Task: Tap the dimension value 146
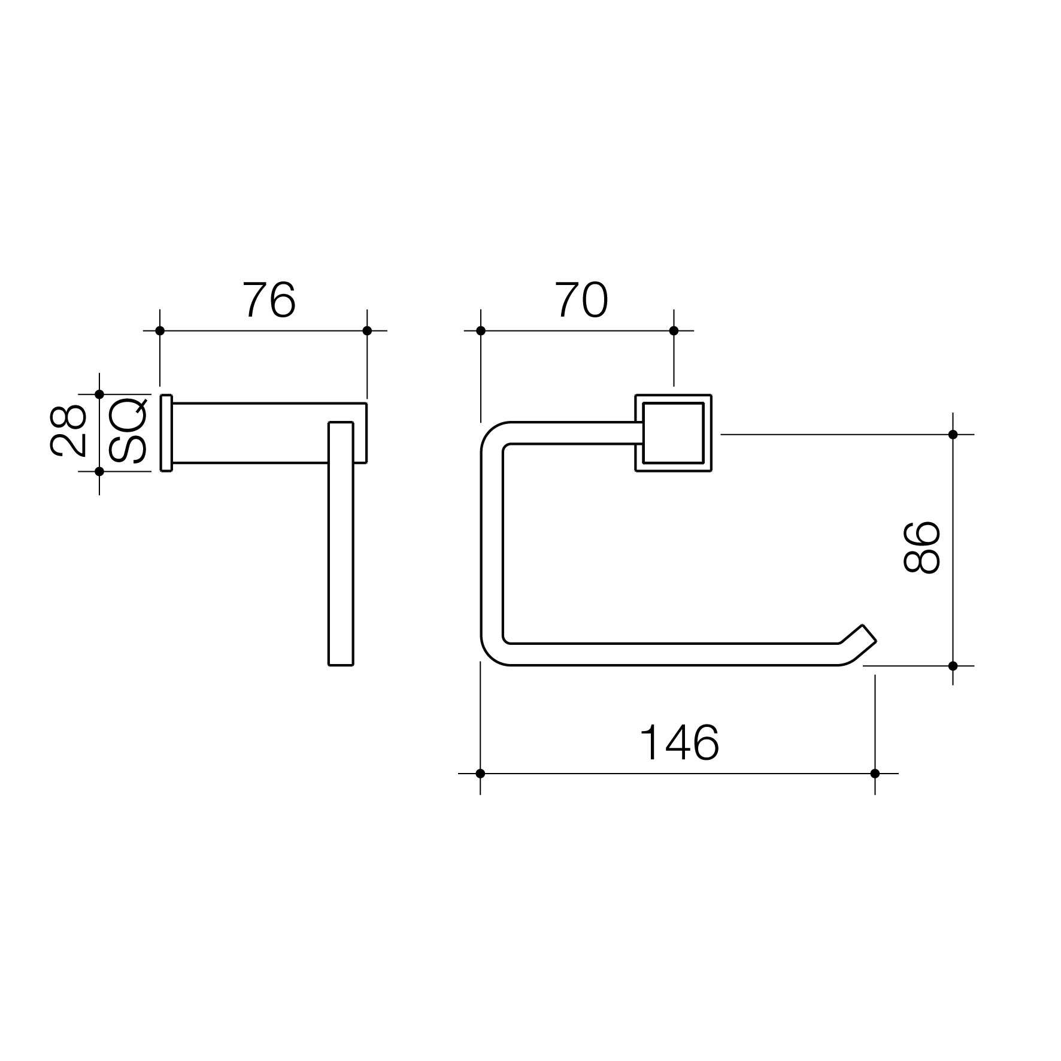pos(680,742)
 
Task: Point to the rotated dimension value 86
pos(921,547)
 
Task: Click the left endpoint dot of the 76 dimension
pos(160,331)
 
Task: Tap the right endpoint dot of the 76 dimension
pos(367,331)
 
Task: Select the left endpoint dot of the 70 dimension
pos(480,331)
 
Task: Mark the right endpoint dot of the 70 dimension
pos(674,331)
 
